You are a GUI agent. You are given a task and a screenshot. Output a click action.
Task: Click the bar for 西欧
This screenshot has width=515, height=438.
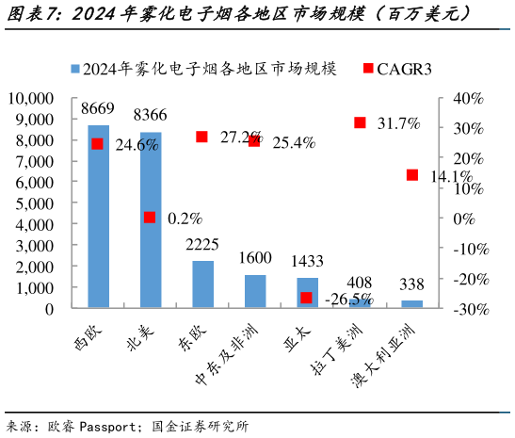(98, 217)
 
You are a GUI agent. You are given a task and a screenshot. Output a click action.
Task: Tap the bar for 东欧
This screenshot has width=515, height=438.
(202, 284)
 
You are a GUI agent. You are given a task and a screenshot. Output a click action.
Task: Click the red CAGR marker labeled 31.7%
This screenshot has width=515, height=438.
(360, 122)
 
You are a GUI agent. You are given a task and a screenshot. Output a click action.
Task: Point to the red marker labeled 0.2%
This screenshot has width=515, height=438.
(150, 218)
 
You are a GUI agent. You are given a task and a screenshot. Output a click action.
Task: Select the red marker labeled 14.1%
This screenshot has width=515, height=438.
(412, 175)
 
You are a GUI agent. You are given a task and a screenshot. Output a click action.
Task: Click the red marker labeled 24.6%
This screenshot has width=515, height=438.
(97, 144)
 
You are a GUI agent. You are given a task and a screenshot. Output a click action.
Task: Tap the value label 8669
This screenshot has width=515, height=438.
(98, 109)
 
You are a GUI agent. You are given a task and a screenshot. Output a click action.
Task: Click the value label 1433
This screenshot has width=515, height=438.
(308, 261)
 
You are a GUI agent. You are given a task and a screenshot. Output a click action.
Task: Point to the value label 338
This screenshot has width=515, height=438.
(411, 284)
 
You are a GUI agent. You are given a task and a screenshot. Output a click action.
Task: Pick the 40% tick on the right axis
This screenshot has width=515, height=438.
(468, 98)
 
